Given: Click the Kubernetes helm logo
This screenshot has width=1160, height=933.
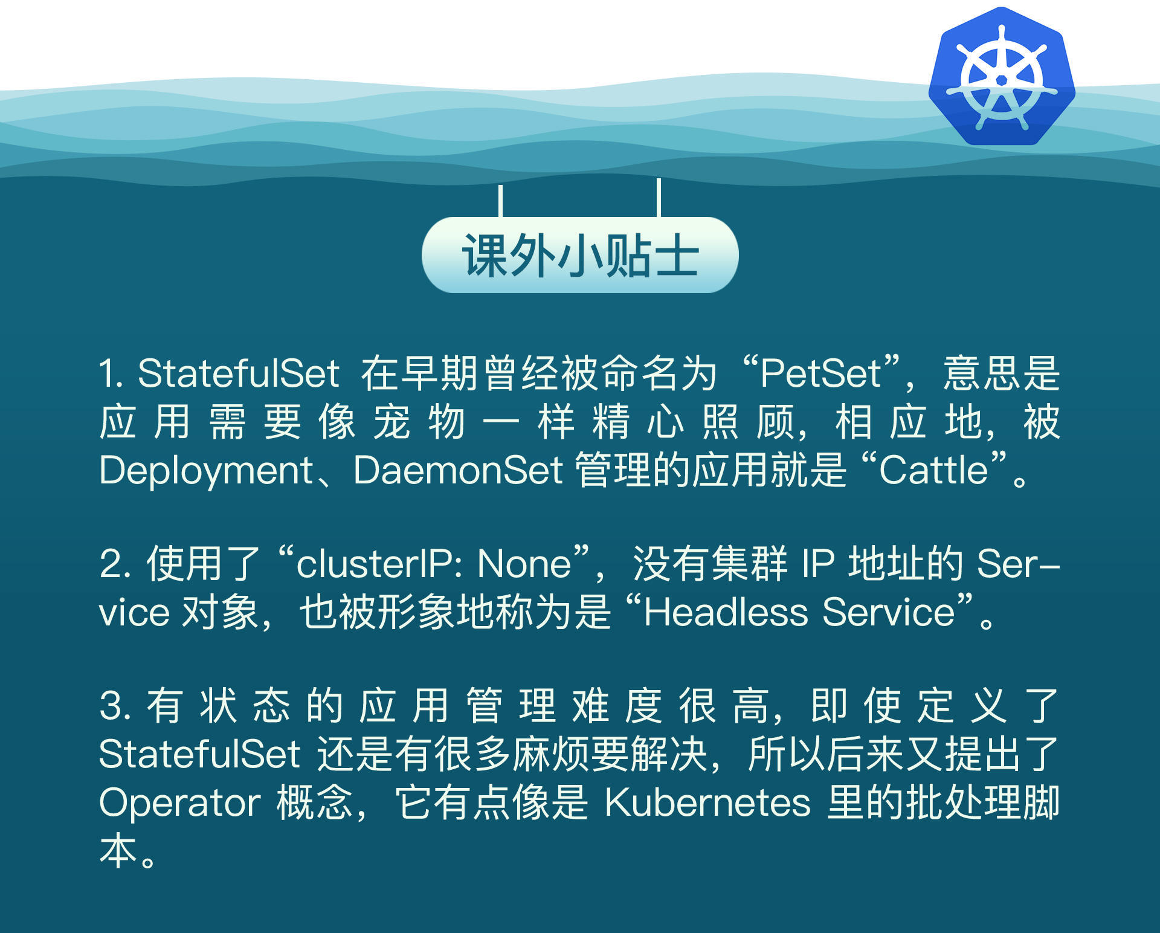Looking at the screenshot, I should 1002,77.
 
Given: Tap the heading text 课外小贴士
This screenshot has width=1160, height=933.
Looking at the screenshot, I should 580,256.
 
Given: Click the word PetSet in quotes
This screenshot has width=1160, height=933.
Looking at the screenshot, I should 820,373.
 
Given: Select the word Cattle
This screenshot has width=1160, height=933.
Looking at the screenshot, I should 933,470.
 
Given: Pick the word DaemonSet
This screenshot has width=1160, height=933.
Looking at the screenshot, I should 458,470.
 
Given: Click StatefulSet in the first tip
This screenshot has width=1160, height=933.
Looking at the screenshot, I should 238,373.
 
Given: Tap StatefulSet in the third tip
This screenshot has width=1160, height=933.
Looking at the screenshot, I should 199,754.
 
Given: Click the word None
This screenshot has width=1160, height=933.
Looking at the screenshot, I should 524,564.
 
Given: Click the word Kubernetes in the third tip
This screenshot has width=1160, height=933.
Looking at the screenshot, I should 707,803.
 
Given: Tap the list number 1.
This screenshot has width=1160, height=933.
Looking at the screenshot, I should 109,373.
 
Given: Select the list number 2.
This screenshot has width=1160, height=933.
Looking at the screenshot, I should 111,564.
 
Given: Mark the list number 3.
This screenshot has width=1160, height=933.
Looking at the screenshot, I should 112,706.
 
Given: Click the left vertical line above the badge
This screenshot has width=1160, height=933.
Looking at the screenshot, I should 500,201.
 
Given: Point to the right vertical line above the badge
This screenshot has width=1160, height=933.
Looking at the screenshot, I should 659,197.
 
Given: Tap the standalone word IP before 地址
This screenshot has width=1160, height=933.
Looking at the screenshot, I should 818,564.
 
